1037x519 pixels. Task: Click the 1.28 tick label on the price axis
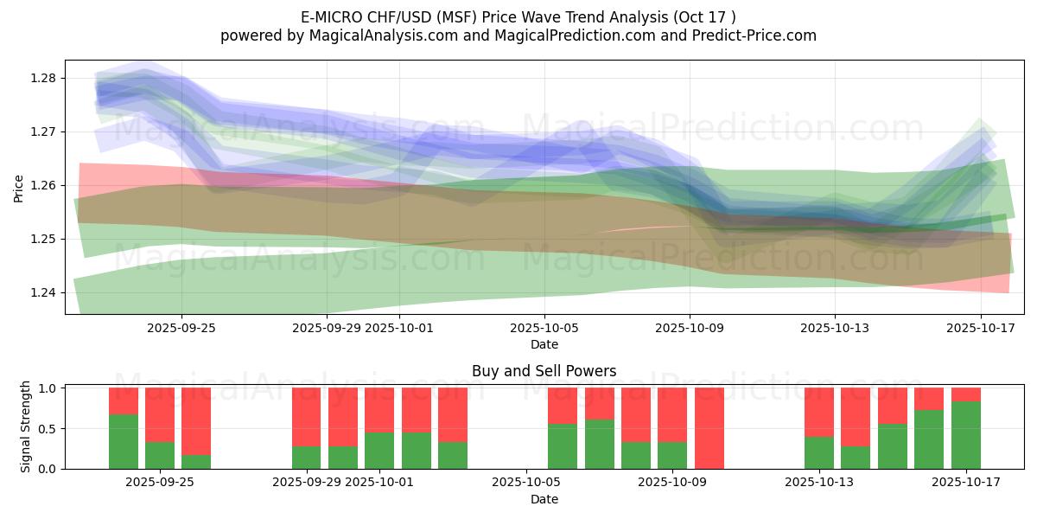[x=42, y=78]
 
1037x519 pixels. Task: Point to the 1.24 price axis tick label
[x=42, y=292]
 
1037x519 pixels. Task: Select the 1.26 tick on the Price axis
[x=42, y=185]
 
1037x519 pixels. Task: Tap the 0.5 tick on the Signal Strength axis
[x=47, y=428]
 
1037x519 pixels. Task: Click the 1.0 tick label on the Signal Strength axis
[x=47, y=388]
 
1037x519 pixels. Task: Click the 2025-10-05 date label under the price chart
[x=544, y=328]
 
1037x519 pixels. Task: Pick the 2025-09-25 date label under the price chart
[x=181, y=328]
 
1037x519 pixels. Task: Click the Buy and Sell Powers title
[x=544, y=371]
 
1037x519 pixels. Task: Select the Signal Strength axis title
[x=26, y=426]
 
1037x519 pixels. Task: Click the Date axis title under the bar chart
[x=544, y=499]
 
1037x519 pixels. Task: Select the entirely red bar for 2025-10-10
[x=709, y=428]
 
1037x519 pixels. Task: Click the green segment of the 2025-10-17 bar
[x=966, y=435]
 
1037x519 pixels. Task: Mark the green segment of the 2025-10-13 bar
[x=819, y=452]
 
